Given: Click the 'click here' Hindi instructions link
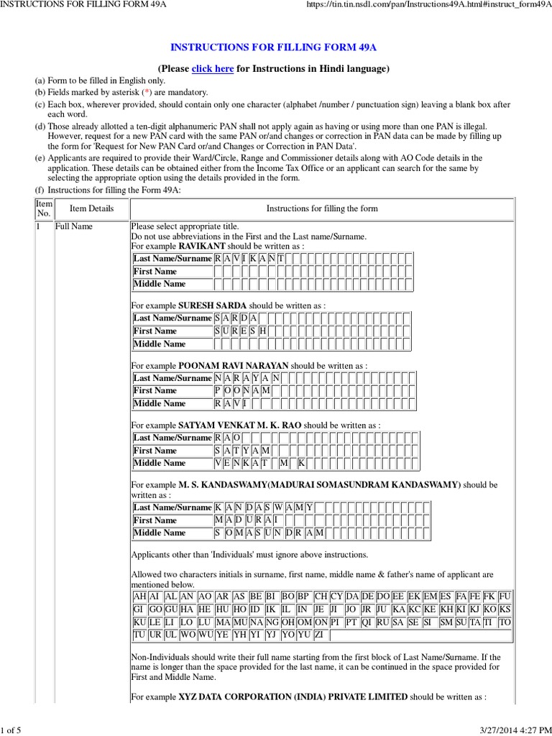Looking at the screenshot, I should click(212, 69).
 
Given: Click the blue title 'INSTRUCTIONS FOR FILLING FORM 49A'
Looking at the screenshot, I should click(273, 47).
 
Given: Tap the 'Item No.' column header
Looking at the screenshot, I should click(44, 208).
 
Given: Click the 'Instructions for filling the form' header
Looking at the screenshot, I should click(321, 208).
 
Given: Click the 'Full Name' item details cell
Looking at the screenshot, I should click(73, 226).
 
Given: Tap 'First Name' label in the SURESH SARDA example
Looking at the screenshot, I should click(155, 331).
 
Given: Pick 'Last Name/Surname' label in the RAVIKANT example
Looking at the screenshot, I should click(172, 258).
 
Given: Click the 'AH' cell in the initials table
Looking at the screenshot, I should click(140, 596).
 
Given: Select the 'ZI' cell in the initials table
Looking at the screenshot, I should click(320, 635).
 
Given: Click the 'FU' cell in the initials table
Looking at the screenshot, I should click(505, 596).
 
